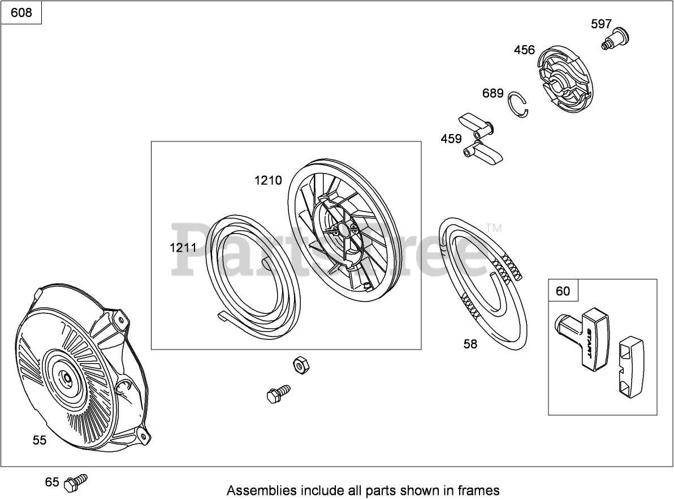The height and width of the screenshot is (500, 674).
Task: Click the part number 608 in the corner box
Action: pyautogui.click(x=21, y=12)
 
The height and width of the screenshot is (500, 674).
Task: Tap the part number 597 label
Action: pyautogui.click(x=601, y=24)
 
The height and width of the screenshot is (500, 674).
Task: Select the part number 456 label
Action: pyautogui.click(x=524, y=50)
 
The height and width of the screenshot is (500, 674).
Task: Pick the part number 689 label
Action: pyautogui.click(x=492, y=93)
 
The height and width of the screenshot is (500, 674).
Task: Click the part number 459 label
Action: pyautogui.click(x=451, y=139)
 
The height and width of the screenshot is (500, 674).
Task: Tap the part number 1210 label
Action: pyautogui.click(x=268, y=180)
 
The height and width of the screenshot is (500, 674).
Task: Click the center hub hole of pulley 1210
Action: pyautogui.click(x=343, y=229)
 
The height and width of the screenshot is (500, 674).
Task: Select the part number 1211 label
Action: pyautogui.click(x=183, y=248)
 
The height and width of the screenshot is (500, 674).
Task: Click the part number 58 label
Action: pyautogui.click(x=470, y=344)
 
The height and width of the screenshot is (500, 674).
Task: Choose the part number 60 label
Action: pyautogui.click(x=563, y=291)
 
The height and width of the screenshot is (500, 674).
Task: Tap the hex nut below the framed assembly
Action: pyautogui.click(x=301, y=365)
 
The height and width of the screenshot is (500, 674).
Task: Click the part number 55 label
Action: pyautogui.click(x=40, y=440)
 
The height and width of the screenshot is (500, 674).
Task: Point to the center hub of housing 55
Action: pyautogui.click(x=67, y=376)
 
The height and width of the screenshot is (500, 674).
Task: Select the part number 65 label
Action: pyautogui.click(x=52, y=482)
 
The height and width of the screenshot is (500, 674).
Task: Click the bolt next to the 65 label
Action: pyautogui.click(x=76, y=482)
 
